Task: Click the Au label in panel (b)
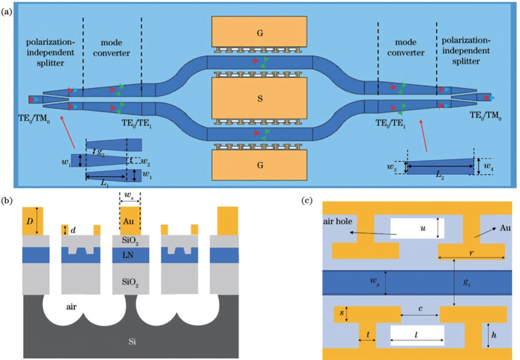[130, 222]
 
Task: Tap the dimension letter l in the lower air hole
[416, 336]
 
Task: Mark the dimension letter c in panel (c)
[421, 308]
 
